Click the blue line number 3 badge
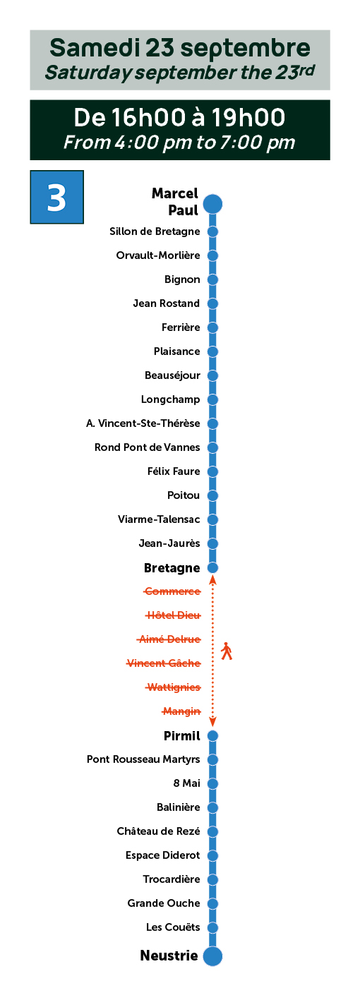pyautogui.click(x=56, y=197)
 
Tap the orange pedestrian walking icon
pyautogui.click(x=227, y=651)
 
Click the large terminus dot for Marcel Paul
pyautogui.click(x=212, y=204)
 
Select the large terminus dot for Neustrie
pyautogui.click(x=212, y=956)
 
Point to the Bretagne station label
pyautogui.click(x=172, y=568)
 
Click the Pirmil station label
pyautogui.click(x=182, y=736)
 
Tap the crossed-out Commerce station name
pyautogui.click(x=172, y=591)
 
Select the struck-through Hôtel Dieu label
pyautogui.click(x=173, y=615)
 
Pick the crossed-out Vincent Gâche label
pyautogui.click(x=164, y=663)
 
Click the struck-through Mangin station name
pyautogui.click(x=181, y=711)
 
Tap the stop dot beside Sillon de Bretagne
pyautogui.click(x=212, y=231)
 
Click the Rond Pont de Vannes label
pyautogui.click(x=148, y=447)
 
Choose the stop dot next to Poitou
pyautogui.click(x=212, y=495)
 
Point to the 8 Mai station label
pyautogui.click(x=186, y=783)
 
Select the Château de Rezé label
pyautogui.click(x=159, y=831)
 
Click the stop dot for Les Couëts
pyautogui.click(x=212, y=928)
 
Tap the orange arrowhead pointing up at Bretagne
pyautogui.click(x=213, y=580)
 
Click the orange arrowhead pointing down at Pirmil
pyautogui.click(x=213, y=722)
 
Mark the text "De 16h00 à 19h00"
pyautogui.click(x=179, y=117)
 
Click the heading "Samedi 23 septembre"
pyautogui.click(x=180, y=48)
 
